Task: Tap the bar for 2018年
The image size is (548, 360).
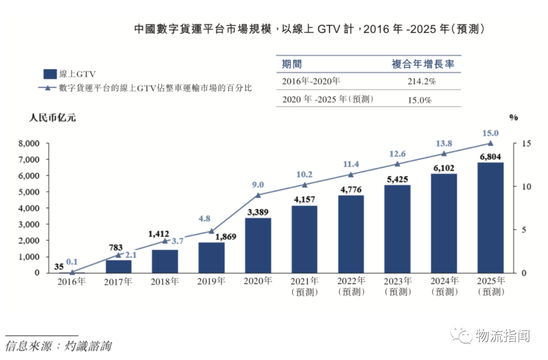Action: (x=165, y=261)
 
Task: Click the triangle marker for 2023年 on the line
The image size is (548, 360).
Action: (x=397, y=164)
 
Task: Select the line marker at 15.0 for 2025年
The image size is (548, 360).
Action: (x=490, y=144)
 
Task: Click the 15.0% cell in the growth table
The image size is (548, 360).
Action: (x=420, y=100)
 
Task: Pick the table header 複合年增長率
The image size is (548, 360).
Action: (x=423, y=64)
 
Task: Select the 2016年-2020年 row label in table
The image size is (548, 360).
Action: (x=311, y=81)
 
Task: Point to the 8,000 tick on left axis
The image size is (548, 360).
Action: (x=28, y=143)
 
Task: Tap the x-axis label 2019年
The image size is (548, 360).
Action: (x=211, y=281)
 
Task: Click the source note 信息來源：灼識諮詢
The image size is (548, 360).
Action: (x=58, y=347)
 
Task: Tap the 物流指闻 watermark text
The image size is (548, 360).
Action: (x=502, y=336)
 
